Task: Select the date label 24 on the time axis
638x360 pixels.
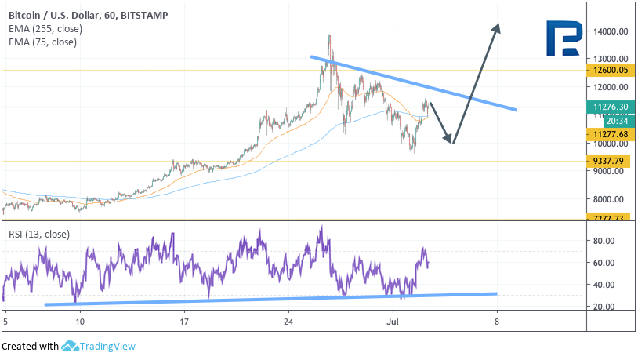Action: [x=288, y=322]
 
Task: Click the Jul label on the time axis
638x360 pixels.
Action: [x=393, y=322]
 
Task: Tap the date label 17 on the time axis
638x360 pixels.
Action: [x=184, y=322]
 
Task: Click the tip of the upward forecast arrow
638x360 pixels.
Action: [x=497, y=24]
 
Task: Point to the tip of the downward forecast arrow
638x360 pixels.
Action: [x=451, y=143]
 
